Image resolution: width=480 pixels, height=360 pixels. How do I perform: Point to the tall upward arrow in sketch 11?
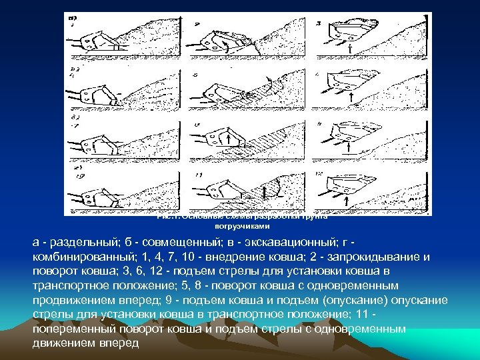(265, 192)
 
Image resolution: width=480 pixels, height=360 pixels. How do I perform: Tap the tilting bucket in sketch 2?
(217, 40)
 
